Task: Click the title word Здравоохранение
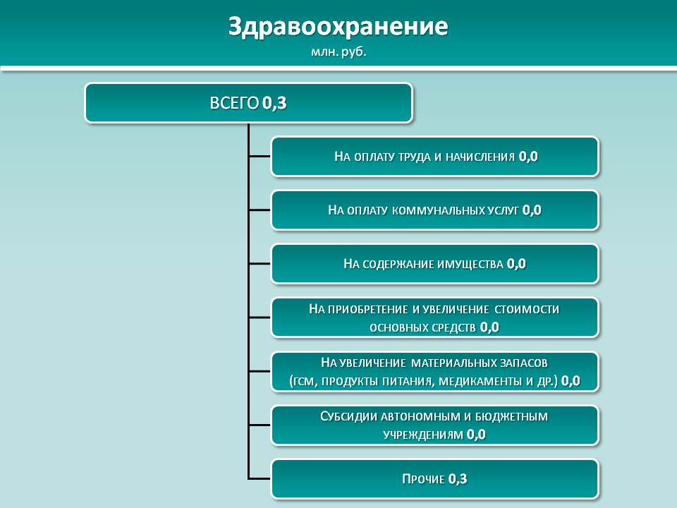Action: pos(338,27)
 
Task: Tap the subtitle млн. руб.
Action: pos(338,52)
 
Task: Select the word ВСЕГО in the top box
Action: pos(234,103)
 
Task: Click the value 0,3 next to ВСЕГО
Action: pos(274,103)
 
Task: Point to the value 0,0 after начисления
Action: pos(528,157)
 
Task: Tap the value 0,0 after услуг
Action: pos(532,210)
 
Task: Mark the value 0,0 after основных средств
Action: pos(489,327)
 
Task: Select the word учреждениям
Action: pos(423,435)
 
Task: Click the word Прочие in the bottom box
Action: pos(417,479)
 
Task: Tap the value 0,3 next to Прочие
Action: pos(458,478)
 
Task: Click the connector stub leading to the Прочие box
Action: pos(260,478)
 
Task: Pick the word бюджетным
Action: pos(512,416)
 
